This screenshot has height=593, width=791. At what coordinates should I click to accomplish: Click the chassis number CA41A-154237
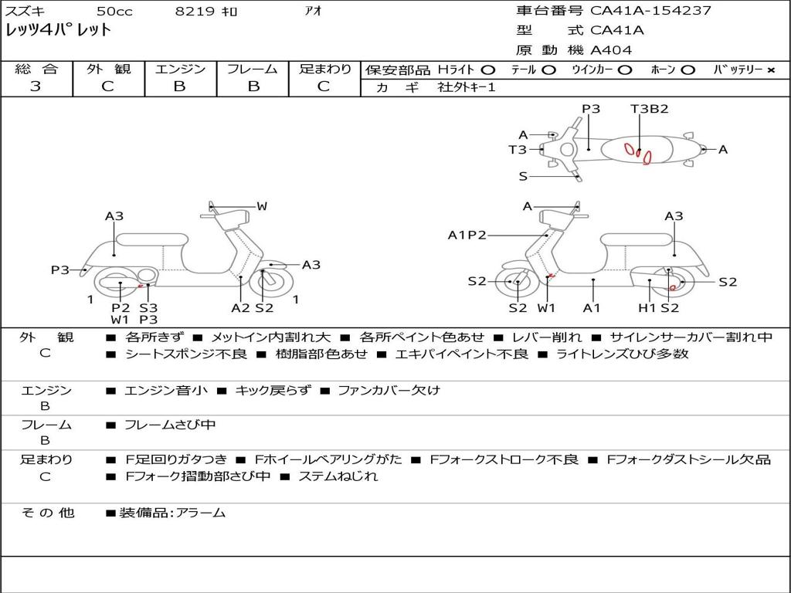coord(650,11)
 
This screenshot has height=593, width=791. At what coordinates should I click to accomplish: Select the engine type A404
coord(611,50)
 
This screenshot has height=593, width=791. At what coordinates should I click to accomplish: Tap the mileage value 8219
coord(192,12)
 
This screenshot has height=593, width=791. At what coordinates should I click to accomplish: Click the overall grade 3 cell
coord(36,86)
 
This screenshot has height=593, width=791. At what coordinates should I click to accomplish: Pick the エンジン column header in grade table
coord(180,69)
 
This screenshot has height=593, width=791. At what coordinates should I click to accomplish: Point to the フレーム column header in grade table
coord(253,69)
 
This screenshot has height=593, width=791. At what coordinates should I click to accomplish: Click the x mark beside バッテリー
coord(770,69)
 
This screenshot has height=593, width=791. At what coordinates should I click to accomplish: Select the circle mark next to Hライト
coord(487,69)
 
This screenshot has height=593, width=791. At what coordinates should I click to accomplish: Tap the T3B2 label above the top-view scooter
coord(649,109)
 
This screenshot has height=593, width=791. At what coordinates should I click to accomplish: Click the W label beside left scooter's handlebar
coord(262,206)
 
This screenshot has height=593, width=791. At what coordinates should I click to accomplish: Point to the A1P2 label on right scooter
coord(467,235)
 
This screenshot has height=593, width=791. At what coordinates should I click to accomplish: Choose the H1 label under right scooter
coord(646,308)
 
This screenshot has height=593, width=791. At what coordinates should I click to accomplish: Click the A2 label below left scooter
coord(241,308)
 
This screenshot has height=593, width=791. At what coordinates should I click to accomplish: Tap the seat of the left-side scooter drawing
coord(151,239)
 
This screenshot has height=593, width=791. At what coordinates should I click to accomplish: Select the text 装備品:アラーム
coord(172,513)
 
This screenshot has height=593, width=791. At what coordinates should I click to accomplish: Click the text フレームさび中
coord(170,425)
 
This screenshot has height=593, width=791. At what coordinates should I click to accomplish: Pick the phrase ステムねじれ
coord(338,476)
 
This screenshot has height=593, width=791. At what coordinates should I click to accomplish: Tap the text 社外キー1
coord(467,87)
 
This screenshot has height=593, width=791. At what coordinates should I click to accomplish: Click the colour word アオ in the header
coord(313,12)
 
